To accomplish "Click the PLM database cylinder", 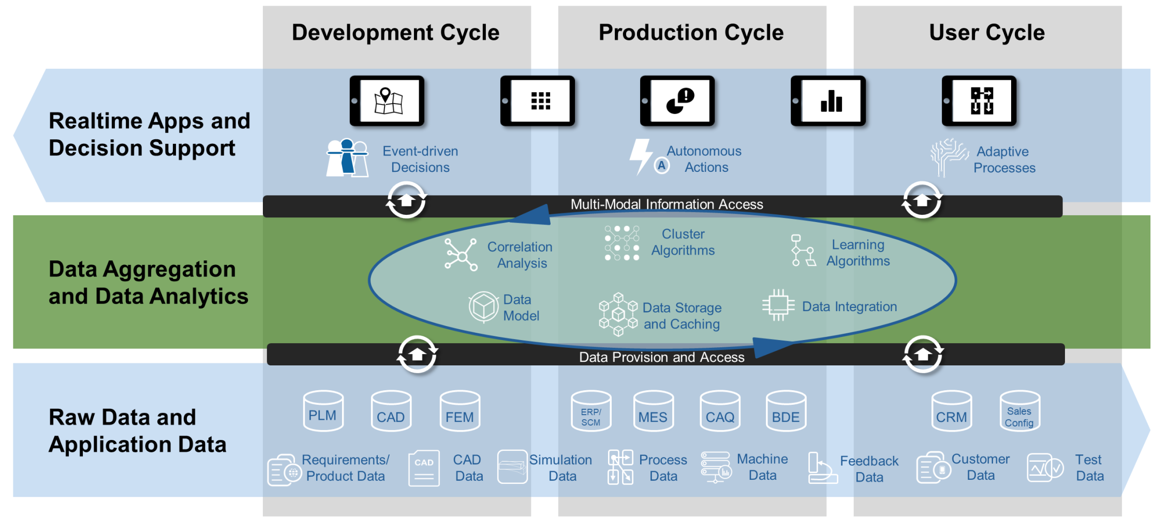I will pyautogui.click(x=323, y=411).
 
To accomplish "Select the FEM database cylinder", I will pyautogui.click(x=460, y=411).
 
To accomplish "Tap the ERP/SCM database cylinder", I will pyautogui.click(x=591, y=411).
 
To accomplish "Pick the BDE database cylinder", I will pyautogui.click(x=786, y=411).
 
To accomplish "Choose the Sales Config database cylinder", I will pyautogui.click(x=1019, y=411).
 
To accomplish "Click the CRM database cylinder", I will pyautogui.click(x=951, y=411).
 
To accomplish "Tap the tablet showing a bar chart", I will pyautogui.click(x=828, y=101).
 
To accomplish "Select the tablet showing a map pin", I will pyautogui.click(x=387, y=101).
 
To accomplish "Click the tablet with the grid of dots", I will pyautogui.click(x=538, y=101).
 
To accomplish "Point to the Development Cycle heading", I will pyautogui.click(x=396, y=33).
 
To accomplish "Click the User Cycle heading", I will pyautogui.click(x=987, y=33).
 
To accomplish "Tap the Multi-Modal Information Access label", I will pyautogui.click(x=667, y=204).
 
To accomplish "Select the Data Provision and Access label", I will pyautogui.click(x=661, y=357).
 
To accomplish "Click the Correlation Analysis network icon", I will pyautogui.click(x=461, y=255).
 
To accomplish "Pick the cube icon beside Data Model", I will pyautogui.click(x=483, y=306).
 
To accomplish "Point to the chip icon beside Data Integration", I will pyautogui.click(x=778, y=305).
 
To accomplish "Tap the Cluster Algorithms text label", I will pyautogui.click(x=683, y=242).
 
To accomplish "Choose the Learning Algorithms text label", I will pyautogui.click(x=858, y=253).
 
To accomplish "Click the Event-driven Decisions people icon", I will pyautogui.click(x=347, y=158).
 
